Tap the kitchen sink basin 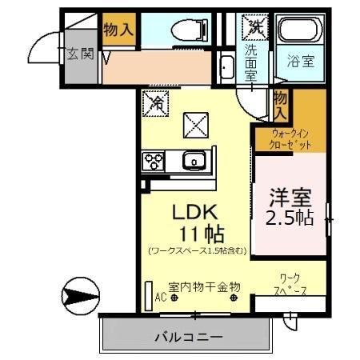point(194,162)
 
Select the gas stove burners point(153,162)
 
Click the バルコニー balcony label point(189,336)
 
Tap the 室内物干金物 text point(199,286)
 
